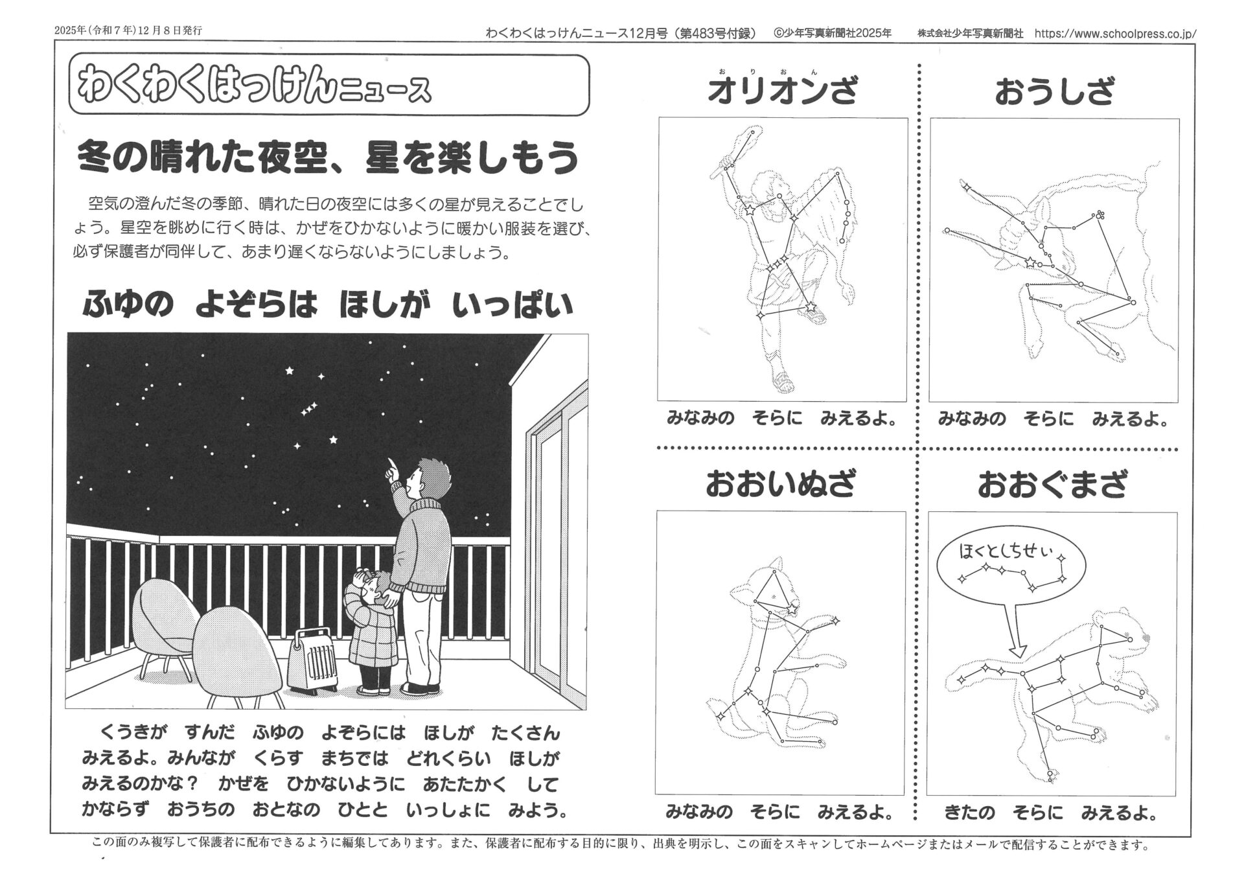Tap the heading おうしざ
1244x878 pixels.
tap(1054, 91)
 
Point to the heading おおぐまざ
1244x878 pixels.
tap(1052, 484)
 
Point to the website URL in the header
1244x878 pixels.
tap(1115, 34)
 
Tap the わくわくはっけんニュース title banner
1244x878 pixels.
tap(328, 86)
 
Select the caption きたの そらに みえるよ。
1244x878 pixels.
tap(1050, 813)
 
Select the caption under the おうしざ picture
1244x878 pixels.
tap(1054, 419)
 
